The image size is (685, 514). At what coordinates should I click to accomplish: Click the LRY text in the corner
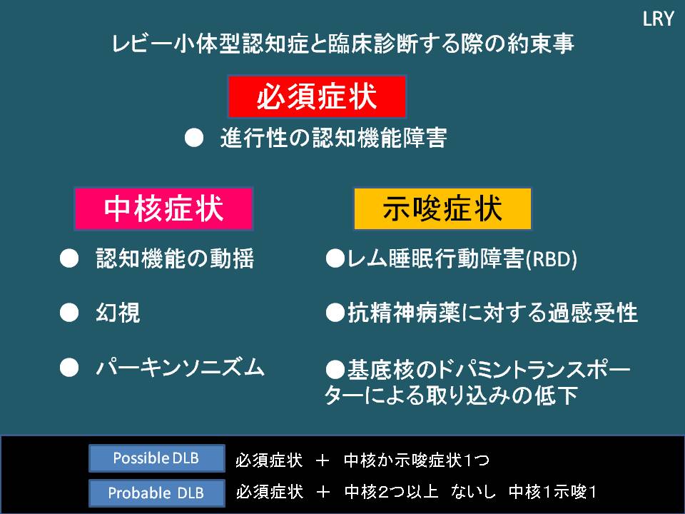(658, 19)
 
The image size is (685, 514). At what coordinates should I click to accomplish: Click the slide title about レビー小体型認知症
(343, 44)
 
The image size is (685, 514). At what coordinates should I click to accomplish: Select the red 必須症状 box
(317, 96)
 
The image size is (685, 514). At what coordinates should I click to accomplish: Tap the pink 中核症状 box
(163, 208)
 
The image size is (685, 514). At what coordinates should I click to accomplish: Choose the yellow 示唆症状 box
(442, 208)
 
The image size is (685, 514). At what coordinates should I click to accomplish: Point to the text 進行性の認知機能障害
(333, 138)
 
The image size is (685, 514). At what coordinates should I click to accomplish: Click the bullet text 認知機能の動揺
(175, 259)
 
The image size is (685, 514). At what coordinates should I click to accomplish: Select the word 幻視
(118, 313)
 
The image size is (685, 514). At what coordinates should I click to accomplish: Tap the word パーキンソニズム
(180, 368)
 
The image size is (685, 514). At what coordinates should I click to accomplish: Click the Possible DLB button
(156, 458)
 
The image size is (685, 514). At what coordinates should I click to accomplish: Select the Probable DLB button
(156, 493)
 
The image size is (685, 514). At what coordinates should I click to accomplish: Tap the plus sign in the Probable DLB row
(322, 492)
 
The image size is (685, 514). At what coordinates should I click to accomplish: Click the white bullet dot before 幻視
(68, 313)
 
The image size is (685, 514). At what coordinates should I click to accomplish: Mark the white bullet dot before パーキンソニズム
(68, 368)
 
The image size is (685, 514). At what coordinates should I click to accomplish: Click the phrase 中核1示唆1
(552, 492)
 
